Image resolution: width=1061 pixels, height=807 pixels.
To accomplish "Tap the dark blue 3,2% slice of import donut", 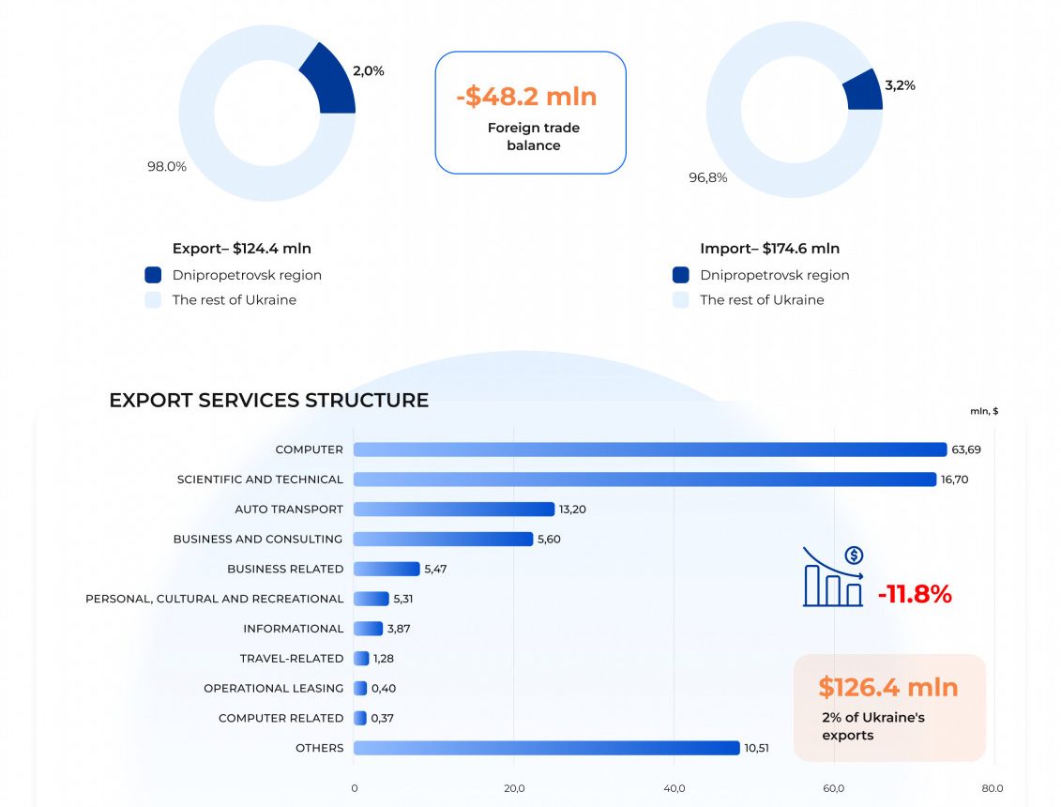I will click(x=862, y=92).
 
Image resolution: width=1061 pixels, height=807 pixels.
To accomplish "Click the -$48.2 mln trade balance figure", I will click(x=526, y=97).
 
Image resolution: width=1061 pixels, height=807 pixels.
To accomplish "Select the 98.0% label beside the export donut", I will click(x=167, y=167).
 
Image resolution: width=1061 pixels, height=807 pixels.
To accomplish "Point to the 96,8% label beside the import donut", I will click(x=708, y=177).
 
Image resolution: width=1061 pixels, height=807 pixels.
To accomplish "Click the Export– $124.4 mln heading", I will click(x=242, y=249).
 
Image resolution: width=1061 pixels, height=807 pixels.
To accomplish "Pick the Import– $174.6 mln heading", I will click(x=769, y=249).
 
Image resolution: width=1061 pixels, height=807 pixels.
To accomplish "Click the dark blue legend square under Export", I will click(x=154, y=275).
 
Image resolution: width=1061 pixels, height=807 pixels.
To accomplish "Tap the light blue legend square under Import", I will click(x=681, y=300).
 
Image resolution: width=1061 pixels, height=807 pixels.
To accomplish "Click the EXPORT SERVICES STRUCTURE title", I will click(x=268, y=401).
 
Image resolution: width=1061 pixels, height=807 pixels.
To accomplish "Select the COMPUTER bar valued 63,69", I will click(x=649, y=449).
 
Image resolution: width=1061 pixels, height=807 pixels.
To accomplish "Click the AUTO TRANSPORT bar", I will click(x=454, y=510).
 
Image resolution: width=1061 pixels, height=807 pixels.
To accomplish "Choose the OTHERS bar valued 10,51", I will click(x=546, y=748).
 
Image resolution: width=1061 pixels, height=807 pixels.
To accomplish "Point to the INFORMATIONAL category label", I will click(x=294, y=629).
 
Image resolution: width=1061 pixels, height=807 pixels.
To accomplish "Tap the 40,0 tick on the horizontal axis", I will click(x=674, y=788).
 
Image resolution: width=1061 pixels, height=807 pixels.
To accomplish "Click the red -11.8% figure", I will click(x=915, y=594).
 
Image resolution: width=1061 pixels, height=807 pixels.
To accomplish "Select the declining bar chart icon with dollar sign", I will click(x=833, y=577).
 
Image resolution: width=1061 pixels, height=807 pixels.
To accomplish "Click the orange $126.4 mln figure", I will click(x=887, y=687).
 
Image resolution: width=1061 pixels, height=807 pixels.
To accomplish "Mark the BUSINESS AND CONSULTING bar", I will click(x=443, y=540).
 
